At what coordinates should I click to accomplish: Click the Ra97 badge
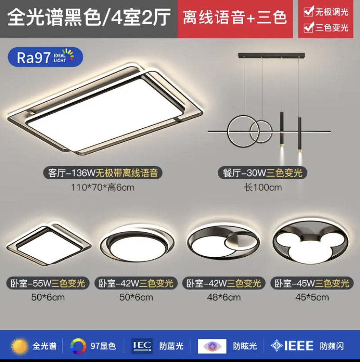[45, 57]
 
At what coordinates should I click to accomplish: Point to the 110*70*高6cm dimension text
[103, 188]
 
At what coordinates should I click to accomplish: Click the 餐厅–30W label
[262, 173]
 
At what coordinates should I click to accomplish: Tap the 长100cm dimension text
[262, 188]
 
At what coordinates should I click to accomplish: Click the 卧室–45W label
[311, 284]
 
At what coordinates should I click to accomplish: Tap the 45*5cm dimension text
[311, 298]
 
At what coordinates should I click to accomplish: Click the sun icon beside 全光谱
[19, 346]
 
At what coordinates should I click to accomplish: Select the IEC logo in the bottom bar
[142, 346]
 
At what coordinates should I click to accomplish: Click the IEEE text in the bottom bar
[298, 346]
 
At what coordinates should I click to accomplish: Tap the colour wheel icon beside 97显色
[78, 346]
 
